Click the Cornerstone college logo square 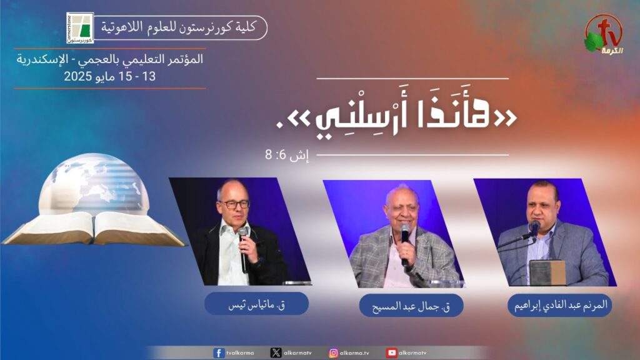[x=80, y=27]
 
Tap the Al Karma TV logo [x=604, y=35]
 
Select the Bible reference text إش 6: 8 [x=286, y=155]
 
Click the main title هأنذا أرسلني [x=396, y=117]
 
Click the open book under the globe [x=94, y=229]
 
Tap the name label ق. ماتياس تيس [x=256, y=304]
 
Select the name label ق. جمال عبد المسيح [x=411, y=306]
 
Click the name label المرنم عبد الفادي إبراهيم [x=560, y=305]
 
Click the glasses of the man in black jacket [x=234, y=204]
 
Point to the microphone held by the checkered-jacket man [x=405, y=244]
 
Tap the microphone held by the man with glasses [x=244, y=249]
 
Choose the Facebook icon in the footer [x=219, y=352]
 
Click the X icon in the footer [x=276, y=352]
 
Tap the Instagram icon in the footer [x=334, y=352]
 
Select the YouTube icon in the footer [x=391, y=352]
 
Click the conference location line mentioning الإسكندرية [x=110, y=59]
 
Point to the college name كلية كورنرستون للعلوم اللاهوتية [x=178, y=27]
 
